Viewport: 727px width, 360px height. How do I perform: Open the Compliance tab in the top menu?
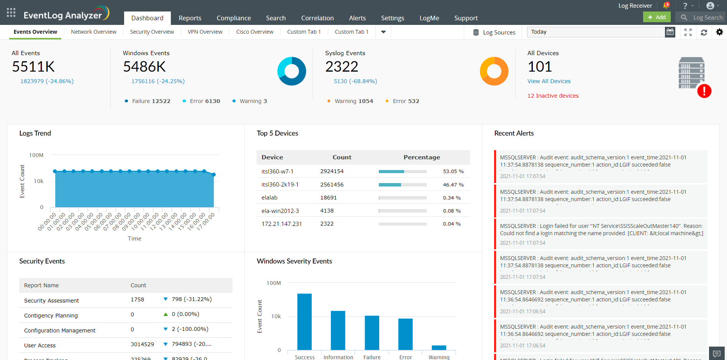(x=234, y=18)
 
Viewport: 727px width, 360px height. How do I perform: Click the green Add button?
(x=657, y=17)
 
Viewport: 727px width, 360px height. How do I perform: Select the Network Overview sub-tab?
(x=93, y=32)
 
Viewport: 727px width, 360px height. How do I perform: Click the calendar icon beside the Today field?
(x=670, y=32)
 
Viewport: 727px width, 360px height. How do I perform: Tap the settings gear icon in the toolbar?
(x=719, y=32)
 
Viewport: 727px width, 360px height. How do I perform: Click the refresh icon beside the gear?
(x=704, y=33)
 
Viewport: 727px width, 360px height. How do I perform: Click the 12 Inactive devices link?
(x=553, y=96)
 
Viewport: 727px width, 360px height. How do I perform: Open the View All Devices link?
(x=549, y=81)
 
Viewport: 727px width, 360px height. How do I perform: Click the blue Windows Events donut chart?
(x=292, y=71)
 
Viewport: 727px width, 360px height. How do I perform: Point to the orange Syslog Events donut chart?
(x=494, y=71)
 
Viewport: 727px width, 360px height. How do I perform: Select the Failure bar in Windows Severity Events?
(x=372, y=332)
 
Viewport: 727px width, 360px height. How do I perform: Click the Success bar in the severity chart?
(x=305, y=321)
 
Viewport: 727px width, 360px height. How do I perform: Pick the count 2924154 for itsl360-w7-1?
(x=332, y=171)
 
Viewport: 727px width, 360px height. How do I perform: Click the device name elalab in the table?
(x=269, y=198)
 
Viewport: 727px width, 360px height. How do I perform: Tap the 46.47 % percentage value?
(x=453, y=185)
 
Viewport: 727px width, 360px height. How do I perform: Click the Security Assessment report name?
(x=51, y=301)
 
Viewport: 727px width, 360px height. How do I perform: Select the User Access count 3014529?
(x=142, y=344)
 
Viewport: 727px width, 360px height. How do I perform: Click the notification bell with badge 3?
(x=666, y=5)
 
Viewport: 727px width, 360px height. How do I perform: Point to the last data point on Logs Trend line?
(x=214, y=175)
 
